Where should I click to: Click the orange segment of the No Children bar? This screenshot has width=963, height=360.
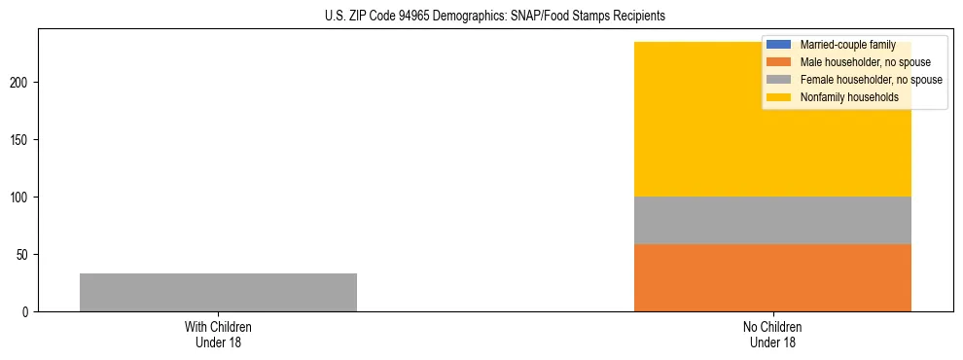point(772,277)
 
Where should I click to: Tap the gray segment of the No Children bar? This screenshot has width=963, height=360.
point(772,220)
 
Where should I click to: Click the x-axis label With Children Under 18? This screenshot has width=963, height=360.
point(218,334)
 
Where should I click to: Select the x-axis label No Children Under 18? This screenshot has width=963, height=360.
point(772,334)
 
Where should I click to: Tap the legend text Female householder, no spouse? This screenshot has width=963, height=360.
point(871,80)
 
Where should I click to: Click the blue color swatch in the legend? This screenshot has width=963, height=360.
point(779,45)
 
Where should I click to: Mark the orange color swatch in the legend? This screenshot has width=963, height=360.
point(779,62)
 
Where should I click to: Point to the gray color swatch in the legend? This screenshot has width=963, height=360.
point(779,80)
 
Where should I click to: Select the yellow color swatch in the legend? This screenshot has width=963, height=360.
point(779,97)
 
